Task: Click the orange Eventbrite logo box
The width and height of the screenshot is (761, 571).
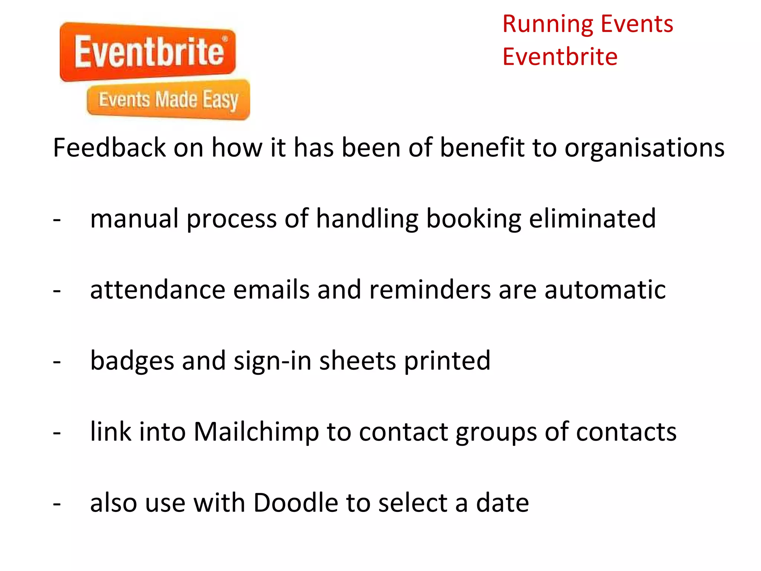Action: [x=148, y=52]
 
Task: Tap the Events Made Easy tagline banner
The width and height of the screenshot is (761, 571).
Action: [x=168, y=100]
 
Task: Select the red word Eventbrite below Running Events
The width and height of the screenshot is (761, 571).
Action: [x=560, y=57]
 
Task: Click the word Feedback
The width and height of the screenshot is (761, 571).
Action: [x=109, y=148]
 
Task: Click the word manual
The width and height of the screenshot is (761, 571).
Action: [x=134, y=219]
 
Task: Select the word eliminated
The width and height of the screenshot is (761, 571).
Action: [x=592, y=219]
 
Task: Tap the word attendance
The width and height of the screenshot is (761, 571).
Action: [x=158, y=290]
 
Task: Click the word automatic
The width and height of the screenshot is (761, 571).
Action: [x=605, y=290]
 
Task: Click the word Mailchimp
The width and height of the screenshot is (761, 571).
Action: [x=256, y=432]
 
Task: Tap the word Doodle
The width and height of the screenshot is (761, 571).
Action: [x=295, y=503]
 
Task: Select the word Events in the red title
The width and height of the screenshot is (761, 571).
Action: [x=637, y=24]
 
